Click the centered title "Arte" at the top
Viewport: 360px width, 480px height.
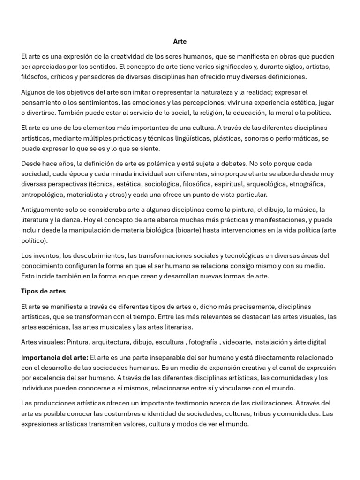(x=180, y=41)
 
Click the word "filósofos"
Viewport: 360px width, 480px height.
(x=35, y=77)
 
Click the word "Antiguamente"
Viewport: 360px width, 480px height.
(x=43, y=210)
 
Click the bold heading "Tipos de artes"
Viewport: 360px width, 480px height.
(x=43, y=291)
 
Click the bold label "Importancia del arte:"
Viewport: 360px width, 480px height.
(x=54, y=357)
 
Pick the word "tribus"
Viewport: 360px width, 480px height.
(x=263, y=413)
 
